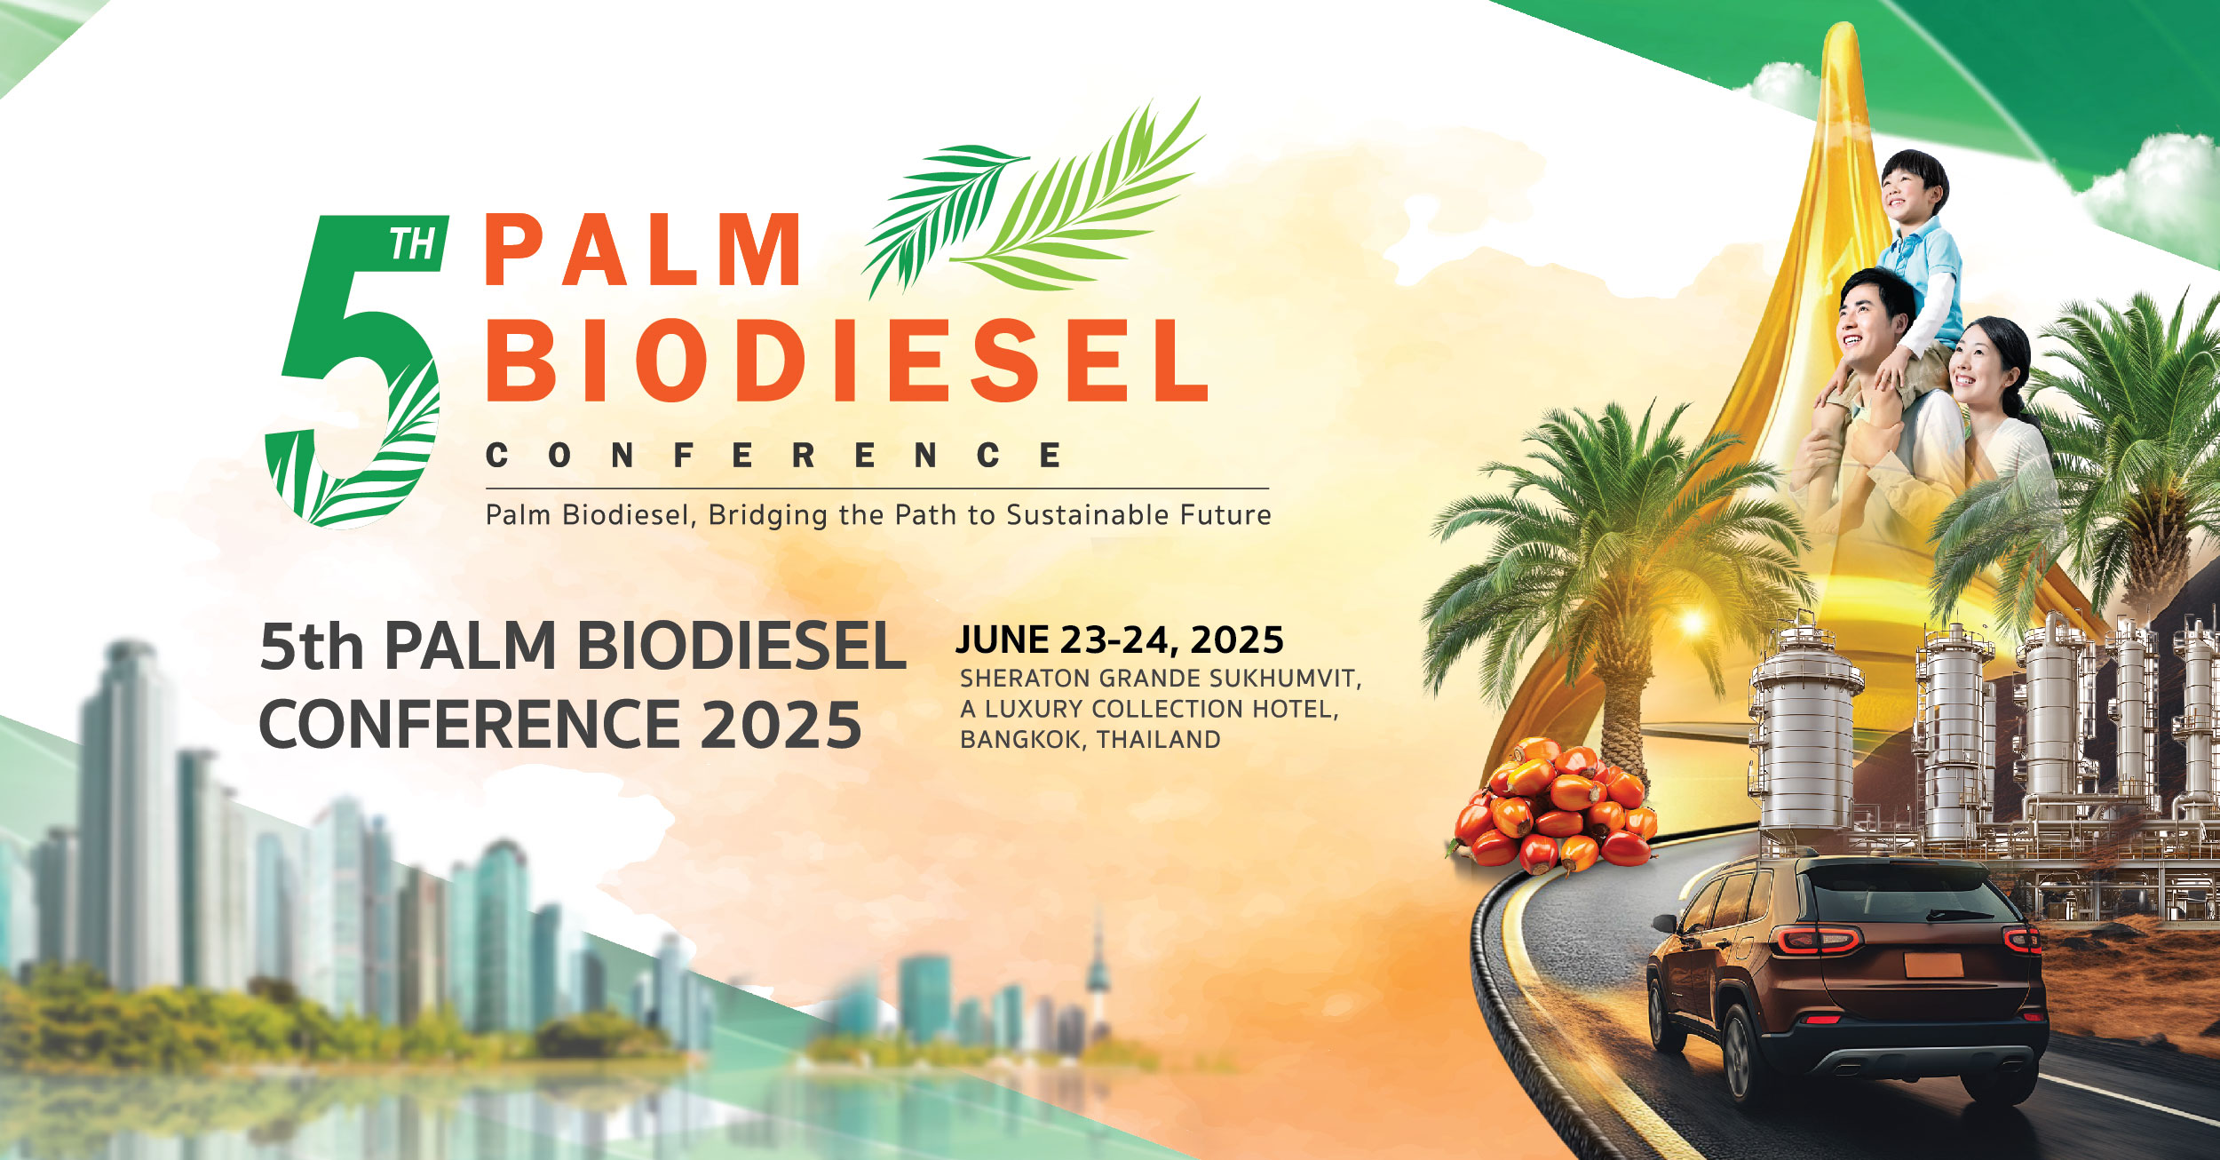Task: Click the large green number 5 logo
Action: point(355,373)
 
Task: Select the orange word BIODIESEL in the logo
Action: point(846,360)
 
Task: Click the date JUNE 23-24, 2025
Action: point(1120,640)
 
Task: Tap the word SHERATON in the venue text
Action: point(1025,679)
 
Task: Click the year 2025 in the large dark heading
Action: point(781,725)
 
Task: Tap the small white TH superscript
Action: point(413,244)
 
